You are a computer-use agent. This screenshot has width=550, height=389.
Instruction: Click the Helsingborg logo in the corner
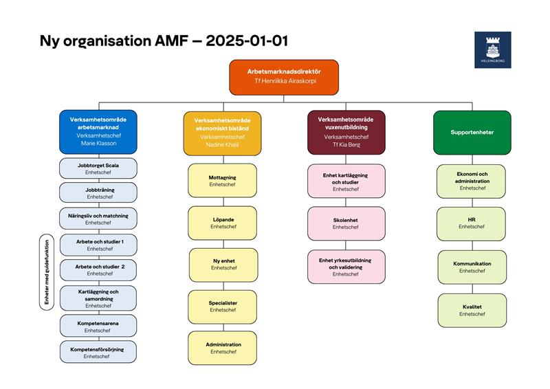click(x=492, y=49)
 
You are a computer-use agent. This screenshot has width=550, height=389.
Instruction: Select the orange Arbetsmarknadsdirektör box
click(x=284, y=77)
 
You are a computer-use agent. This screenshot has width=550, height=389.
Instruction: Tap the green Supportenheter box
click(x=472, y=133)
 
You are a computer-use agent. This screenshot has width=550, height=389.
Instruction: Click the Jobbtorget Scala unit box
click(x=98, y=168)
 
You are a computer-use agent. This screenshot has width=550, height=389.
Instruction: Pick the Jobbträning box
click(x=98, y=192)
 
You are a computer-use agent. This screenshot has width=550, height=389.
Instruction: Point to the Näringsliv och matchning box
click(x=98, y=219)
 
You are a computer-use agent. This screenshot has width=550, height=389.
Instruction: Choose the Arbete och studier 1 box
click(x=98, y=245)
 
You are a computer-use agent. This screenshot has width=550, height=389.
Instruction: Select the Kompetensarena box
click(x=98, y=326)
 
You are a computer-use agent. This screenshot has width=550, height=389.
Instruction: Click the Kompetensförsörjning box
click(x=98, y=352)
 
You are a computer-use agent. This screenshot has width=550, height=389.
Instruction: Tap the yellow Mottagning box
click(x=222, y=181)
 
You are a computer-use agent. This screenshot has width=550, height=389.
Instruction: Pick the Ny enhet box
click(x=223, y=265)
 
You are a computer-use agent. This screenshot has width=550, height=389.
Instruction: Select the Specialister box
click(x=222, y=307)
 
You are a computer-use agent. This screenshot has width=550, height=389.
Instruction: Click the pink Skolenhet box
click(x=346, y=223)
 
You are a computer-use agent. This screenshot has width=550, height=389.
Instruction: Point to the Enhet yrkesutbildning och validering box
click(x=346, y=267)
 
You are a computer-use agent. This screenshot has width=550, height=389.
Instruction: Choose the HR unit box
click(x=471, y=224)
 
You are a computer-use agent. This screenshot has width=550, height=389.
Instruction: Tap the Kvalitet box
click(x=472, y=311)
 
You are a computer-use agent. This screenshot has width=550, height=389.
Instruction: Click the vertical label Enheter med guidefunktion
click(x=47, y=272)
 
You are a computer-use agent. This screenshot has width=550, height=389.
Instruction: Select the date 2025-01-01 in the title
click(x=247, y=41)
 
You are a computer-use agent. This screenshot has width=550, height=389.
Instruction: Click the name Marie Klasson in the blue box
click(x=98, y=143)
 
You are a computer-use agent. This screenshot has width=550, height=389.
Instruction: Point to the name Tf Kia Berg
click(x=346, y=144)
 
